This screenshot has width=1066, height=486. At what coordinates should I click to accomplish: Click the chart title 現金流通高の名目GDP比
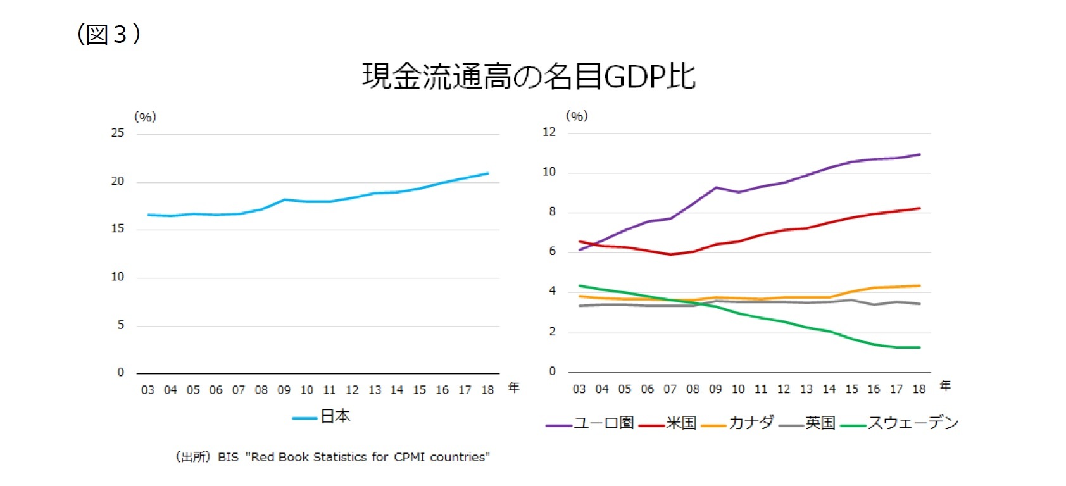[529, 76]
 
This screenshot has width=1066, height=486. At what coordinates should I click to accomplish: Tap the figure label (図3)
[108, 34]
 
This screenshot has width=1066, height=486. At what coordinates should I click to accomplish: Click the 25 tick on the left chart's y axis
[118, 133]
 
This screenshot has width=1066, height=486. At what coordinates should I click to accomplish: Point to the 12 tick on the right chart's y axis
[549, 132]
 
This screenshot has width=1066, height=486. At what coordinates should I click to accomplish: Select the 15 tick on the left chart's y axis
[118, 228]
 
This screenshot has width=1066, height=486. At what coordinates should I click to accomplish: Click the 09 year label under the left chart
[284, 390]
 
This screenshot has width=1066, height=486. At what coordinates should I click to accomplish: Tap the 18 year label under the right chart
[919, 389]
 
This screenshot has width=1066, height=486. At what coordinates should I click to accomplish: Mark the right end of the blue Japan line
[487, 173]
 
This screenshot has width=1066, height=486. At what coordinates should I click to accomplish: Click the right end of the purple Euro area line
[919, 154]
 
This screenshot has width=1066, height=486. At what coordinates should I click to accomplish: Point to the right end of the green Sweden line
[919, 347]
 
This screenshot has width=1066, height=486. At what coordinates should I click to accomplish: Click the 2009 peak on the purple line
[716, 187]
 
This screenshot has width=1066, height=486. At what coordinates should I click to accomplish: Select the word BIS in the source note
[228, 457]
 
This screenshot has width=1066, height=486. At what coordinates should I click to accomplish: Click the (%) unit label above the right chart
[577, 116]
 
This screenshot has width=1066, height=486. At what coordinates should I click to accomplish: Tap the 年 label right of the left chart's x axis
[514, 387]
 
